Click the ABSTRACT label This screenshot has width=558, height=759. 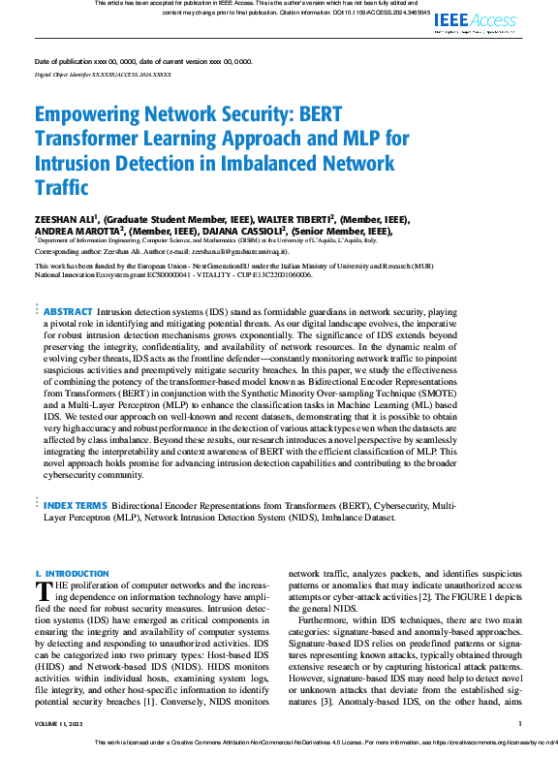pos(68,312)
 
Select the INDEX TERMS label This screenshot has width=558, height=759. pos(77,505)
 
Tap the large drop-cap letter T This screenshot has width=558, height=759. pos(42,591)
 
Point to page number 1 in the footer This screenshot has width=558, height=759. pos(520,723)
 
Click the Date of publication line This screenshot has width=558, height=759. pos(143,60)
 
